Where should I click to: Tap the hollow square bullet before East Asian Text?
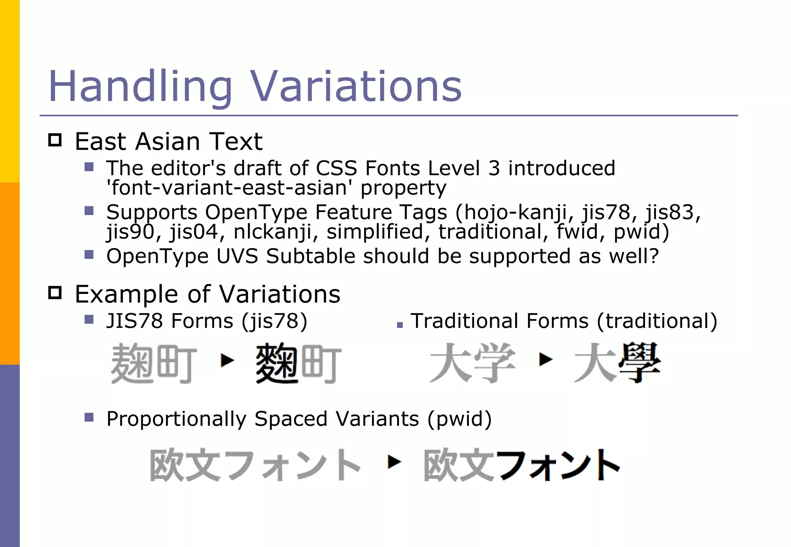55,140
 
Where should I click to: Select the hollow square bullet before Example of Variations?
55,293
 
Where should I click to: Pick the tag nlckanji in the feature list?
272,232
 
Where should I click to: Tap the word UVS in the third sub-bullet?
237,256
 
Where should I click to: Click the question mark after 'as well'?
654,256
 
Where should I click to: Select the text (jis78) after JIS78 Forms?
275,321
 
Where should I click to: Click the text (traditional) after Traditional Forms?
657,321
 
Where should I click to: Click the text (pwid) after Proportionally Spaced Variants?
460,419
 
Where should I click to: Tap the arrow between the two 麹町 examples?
227,361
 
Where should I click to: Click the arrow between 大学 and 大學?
545,360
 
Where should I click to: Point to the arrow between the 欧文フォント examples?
394,461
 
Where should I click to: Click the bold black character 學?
640,363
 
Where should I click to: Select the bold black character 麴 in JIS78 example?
277,363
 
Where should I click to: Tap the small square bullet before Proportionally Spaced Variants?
89,417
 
